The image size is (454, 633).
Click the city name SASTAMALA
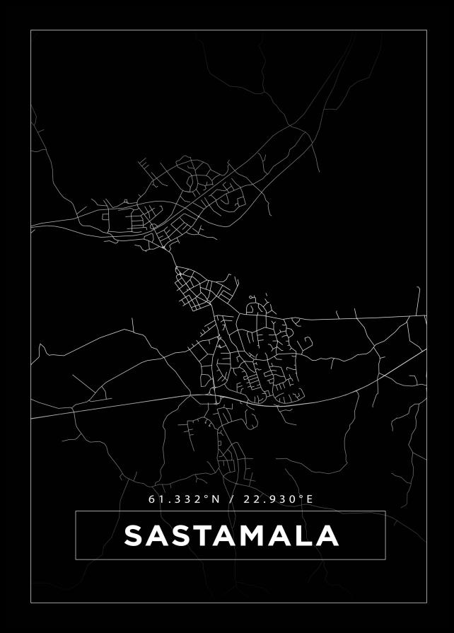(x=231, y=535)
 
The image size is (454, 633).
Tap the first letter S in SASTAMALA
(x=135, y=535)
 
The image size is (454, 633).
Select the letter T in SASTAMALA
(x=204, y=535)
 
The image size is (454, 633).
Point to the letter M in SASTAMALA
(x=255, y=535)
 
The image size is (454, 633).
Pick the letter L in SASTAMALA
(x=304, y=535)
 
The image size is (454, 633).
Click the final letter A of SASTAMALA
(x=327, y=535)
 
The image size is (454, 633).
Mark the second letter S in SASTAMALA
(x=181, y=535)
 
